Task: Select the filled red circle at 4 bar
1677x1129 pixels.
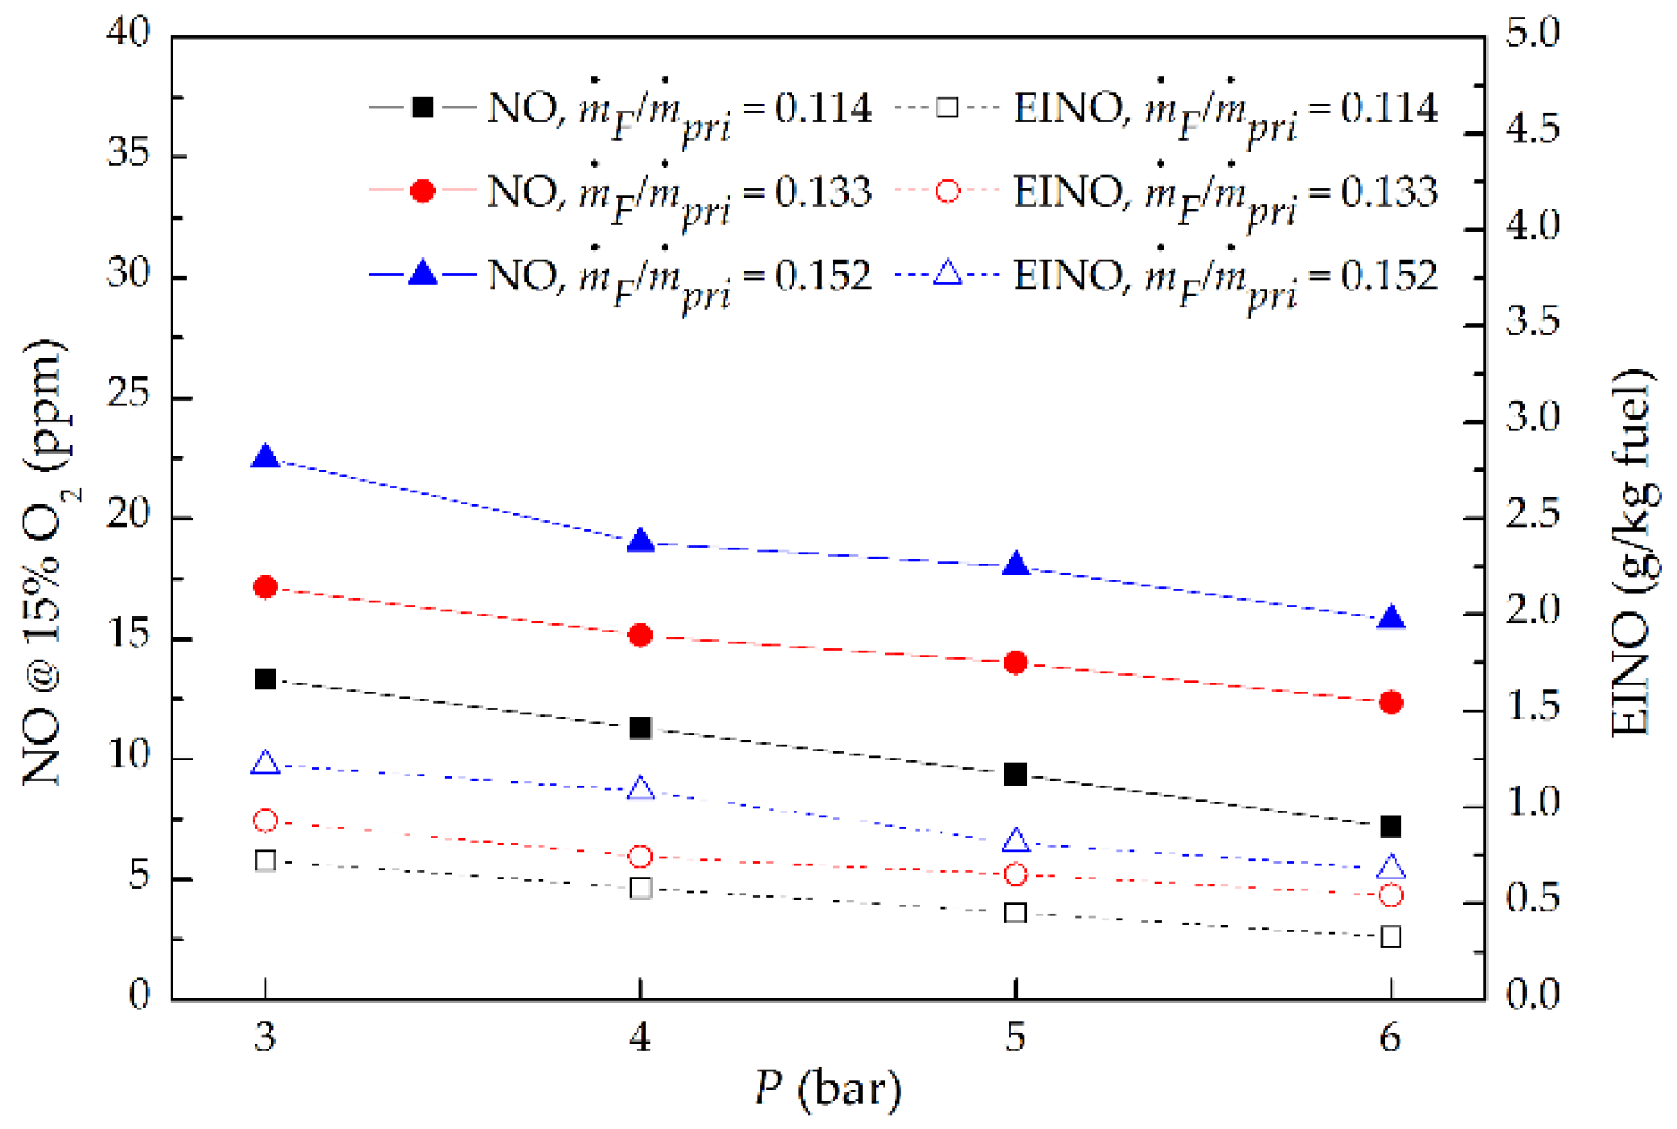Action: pos(641,635)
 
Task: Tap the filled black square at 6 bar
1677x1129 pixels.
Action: pos(1391,827)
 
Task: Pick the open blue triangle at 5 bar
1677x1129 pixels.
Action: pos(1015,840)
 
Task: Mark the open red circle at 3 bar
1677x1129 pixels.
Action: pos(266,821)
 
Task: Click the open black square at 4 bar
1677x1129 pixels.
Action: pos(641,888)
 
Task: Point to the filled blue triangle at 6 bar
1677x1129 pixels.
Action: pos(1391,618)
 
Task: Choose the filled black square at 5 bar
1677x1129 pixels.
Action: pos(1015,774)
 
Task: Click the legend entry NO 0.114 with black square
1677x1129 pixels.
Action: pos(620,109)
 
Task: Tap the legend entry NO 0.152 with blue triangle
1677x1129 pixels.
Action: pos(620,276)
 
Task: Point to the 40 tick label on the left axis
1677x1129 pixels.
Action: pos(127,34)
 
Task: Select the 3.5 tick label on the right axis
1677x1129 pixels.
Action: pos(1532,322)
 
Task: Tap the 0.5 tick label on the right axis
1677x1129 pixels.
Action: pos(1532,899)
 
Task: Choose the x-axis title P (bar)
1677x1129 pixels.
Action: pos(828,1089)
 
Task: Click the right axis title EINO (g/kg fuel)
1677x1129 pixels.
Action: pos(1633,553)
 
